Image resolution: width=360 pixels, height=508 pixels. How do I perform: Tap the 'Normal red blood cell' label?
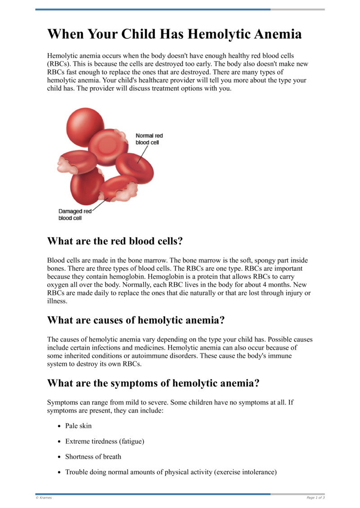click(149, 139)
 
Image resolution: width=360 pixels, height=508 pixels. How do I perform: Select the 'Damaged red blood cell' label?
click(75, 214)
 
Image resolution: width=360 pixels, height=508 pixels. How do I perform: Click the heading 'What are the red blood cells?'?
click(115, 241)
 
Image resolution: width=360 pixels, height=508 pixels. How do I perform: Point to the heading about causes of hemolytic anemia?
click(135, 320)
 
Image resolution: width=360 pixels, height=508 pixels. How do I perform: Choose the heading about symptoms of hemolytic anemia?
click(153, 383)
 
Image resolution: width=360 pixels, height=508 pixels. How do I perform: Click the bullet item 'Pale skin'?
click(78, 426)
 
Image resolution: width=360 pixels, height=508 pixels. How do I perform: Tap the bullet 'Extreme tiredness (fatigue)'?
click(104, 441)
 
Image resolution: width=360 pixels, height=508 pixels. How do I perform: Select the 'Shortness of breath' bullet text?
click(93, 457)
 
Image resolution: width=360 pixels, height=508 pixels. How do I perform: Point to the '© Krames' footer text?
click(44, 498)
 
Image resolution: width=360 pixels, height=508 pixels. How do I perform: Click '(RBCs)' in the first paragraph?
click(58, 64)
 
